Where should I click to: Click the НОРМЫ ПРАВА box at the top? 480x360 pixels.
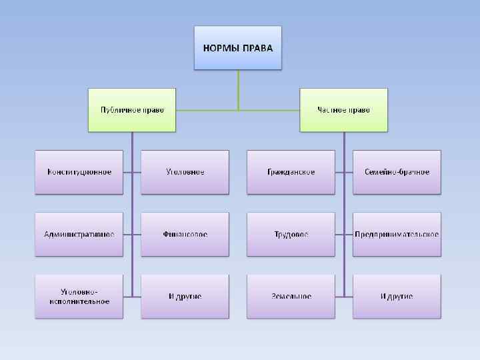pos(238,48)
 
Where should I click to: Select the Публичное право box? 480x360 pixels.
pos(132,110)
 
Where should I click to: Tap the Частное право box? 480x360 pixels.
pos(344,110)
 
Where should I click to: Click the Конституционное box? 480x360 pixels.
pos(79,172)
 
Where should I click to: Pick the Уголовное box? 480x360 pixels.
pos(185,172)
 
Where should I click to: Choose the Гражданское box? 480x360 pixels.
pos(291,172)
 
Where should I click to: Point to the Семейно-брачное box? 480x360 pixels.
pos(397,172)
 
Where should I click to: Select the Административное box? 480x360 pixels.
pos(79,234)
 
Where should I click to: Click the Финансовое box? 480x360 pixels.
pos(185,234)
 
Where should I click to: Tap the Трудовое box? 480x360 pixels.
pos(291,234)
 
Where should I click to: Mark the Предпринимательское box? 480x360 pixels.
pos(397,234)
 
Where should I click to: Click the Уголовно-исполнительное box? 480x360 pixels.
pos(79,296)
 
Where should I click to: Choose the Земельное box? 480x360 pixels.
pos(291,296)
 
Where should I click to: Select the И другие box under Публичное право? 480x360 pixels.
pos(185,296)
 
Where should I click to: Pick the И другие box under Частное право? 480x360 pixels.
pos(397,296)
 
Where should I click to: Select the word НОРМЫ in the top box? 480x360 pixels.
pos(221,48)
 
